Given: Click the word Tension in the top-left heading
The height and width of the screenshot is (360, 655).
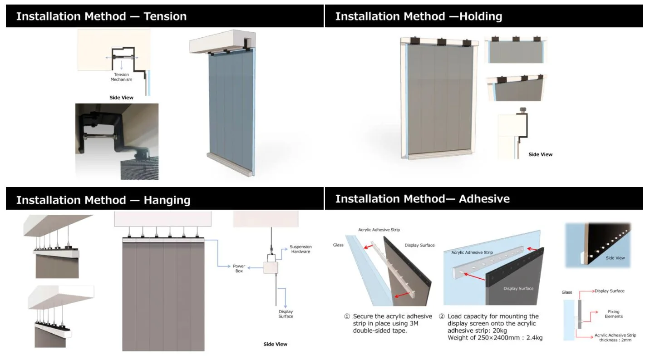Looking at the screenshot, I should [x=165, y=16].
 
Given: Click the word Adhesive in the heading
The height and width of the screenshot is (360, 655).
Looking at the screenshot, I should [x=484, y=199].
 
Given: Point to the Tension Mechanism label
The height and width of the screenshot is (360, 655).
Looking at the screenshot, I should [x=121, y=77].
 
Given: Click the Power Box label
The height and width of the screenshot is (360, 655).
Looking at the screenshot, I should [x=239, y=268].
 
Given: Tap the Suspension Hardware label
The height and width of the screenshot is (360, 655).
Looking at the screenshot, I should [x=300, y=249].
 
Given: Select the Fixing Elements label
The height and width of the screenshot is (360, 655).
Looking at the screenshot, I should [x=613, y=314].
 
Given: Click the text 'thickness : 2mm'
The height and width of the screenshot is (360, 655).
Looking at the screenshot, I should [x=615, y=340].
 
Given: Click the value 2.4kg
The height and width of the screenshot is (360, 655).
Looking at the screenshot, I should [x=533, y=338].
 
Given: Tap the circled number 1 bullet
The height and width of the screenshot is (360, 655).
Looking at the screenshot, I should [x=347, y=316].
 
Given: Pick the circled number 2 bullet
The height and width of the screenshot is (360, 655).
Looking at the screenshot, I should [x=441, y=316].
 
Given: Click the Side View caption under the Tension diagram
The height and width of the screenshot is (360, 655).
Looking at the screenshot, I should [x=121, y=98].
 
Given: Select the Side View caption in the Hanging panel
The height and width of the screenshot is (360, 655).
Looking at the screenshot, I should [x=275, y=344].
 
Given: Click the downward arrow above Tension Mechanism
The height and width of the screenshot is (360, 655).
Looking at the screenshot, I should [x=121, y=65].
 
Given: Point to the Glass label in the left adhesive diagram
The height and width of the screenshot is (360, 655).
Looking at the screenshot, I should [x=338, y=245].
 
